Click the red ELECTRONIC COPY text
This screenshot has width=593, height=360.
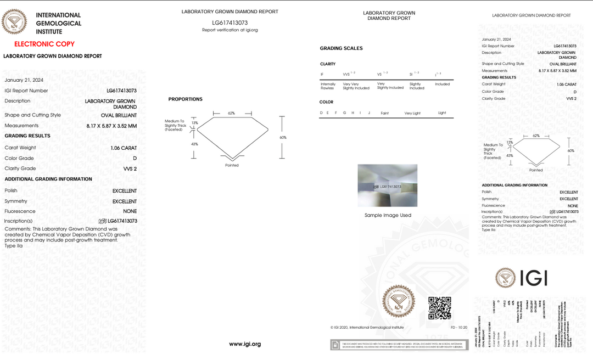44,44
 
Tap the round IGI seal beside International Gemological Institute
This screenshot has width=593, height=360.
14,22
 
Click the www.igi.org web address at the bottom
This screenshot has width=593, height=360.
245,344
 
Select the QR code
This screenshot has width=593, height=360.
439,308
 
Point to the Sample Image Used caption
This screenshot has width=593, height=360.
388,215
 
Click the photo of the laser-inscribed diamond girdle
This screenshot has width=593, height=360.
388,185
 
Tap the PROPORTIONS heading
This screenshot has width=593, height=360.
185,99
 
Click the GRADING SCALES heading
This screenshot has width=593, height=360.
341,48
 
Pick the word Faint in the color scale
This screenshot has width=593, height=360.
384,113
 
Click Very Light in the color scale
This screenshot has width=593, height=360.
412,113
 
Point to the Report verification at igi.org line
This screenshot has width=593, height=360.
230,30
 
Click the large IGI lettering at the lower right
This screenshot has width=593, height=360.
533,278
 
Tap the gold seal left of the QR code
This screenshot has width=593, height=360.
399,300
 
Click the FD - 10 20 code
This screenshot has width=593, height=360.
459,328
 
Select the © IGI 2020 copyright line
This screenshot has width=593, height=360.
367,328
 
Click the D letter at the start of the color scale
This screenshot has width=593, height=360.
321,113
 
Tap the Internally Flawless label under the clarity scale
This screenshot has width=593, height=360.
328,86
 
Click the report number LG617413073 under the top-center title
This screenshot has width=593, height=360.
230,22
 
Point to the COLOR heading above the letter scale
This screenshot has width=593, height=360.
326,102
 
